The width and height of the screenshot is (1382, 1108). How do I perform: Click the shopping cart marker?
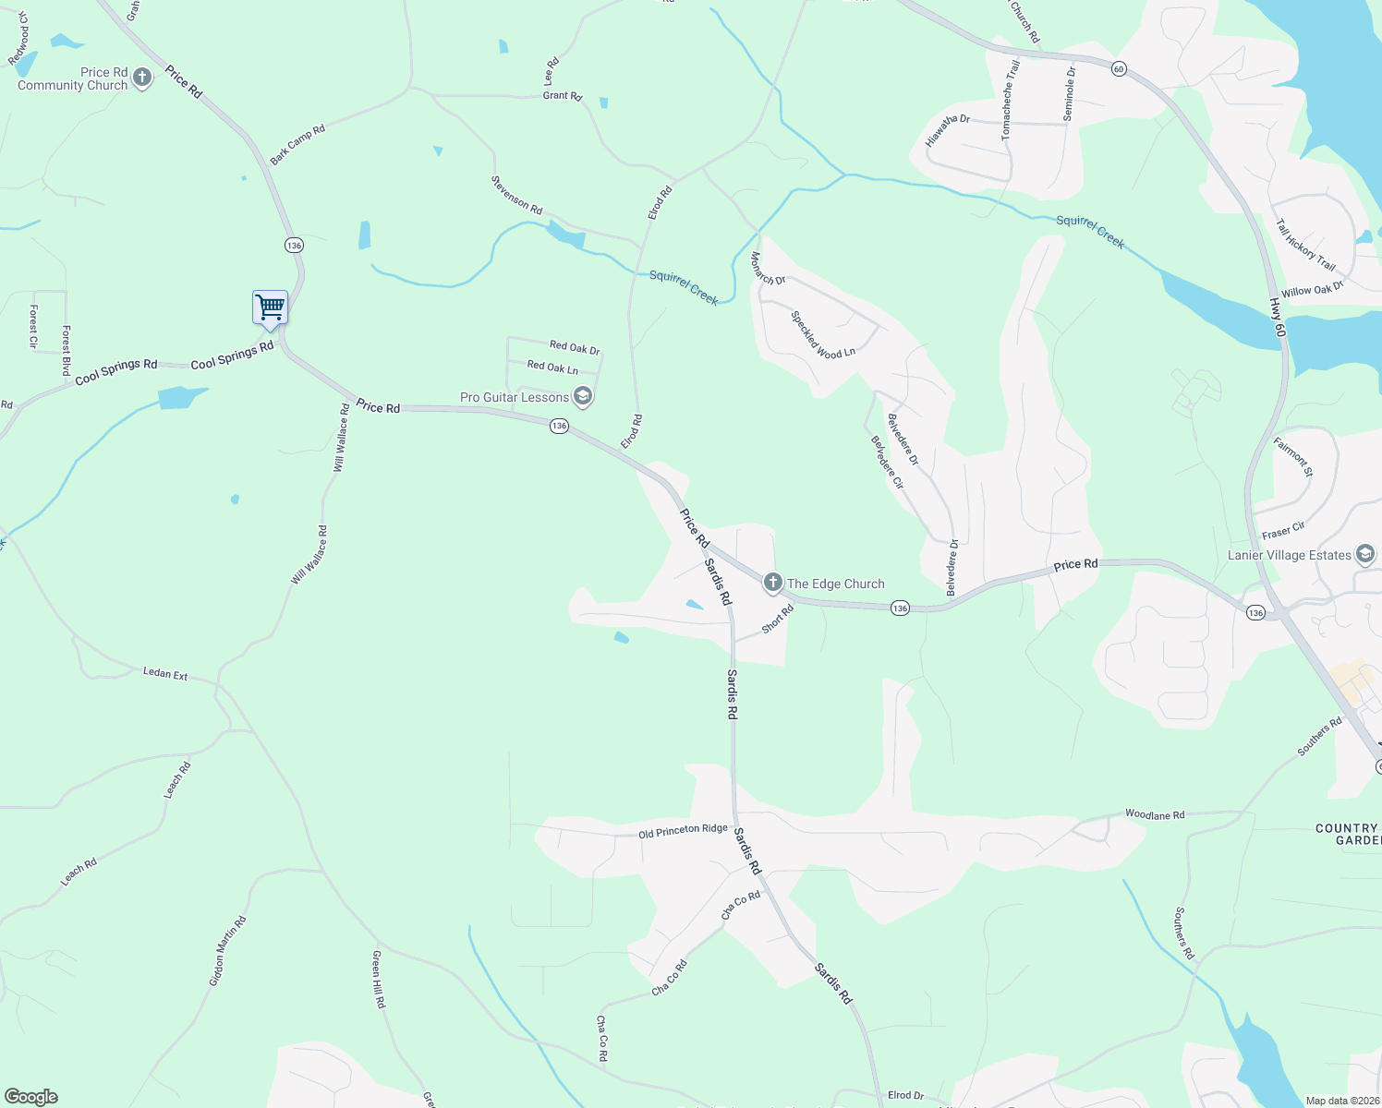(270, 308)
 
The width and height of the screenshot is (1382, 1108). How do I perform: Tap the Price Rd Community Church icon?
(142, 78)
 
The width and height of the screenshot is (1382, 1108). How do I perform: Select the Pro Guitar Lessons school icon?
(582, 397)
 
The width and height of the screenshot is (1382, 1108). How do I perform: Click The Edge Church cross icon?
(772, 583)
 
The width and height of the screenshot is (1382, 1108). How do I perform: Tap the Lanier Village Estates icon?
(1365, 555)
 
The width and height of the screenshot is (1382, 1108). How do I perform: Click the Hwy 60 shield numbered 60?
(1119, 69)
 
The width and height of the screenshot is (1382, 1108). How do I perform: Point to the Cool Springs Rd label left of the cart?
(116, 370)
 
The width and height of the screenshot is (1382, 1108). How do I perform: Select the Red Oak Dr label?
(575, 348)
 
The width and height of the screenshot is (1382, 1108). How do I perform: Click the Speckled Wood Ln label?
(823, 334)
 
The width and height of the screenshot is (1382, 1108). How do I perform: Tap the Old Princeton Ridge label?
(683, 831)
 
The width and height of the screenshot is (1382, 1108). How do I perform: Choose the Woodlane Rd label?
(1154, 814)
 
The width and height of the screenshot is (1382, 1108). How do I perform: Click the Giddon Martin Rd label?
(227, 951)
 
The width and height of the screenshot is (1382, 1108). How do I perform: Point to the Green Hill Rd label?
(378, 979)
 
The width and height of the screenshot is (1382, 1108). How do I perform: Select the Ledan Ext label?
(165, 674)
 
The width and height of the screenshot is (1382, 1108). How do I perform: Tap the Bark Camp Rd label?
(297, 145)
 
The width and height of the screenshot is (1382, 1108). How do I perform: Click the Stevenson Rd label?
(516, 195)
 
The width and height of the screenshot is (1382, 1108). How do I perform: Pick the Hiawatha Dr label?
(948, 131)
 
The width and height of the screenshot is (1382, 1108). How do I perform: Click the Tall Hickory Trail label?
(1304, 245)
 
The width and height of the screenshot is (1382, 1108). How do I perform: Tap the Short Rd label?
(778, 619)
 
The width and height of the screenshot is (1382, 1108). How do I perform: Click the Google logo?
(31, 1097)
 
